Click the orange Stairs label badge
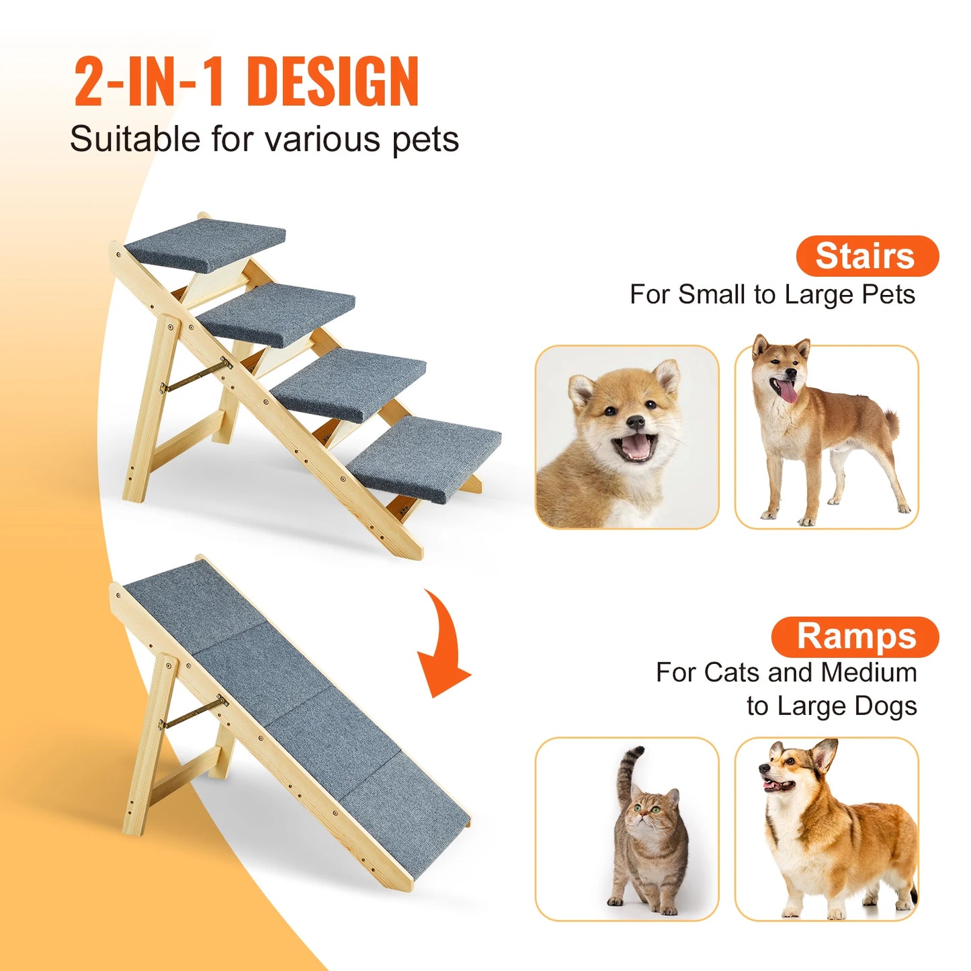point(867,256)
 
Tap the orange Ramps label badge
point(855,636)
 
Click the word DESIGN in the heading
point(333,81)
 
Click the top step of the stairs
point(206,243)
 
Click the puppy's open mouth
point(635,447)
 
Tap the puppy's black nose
point(634,422)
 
